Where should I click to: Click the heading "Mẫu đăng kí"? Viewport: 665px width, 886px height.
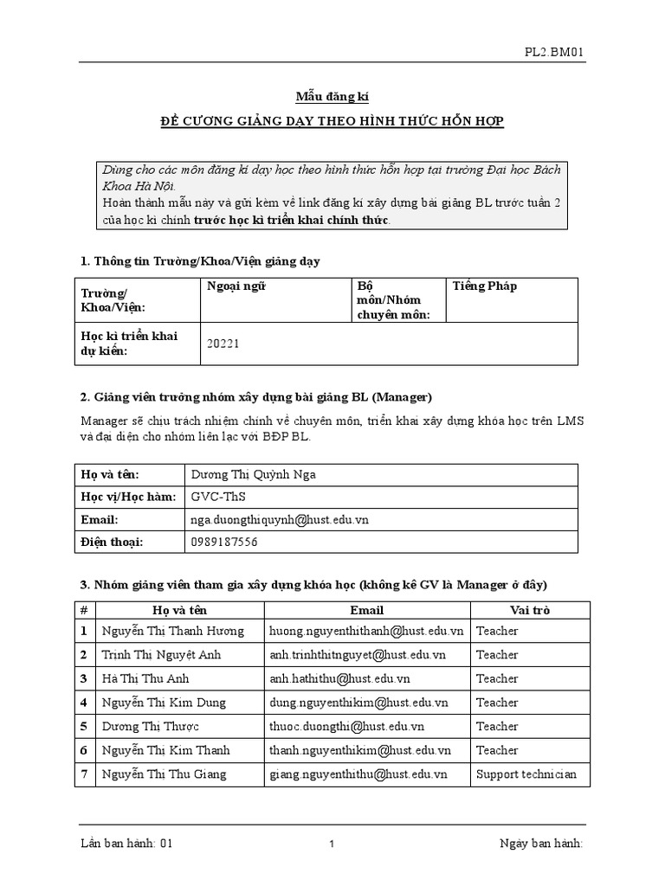point(332,97)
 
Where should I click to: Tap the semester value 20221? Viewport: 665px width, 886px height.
point(223,343)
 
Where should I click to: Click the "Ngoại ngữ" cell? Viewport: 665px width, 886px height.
point(232,286)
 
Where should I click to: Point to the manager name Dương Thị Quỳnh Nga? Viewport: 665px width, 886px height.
point(259,474)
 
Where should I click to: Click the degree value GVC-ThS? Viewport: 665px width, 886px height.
point(217,497)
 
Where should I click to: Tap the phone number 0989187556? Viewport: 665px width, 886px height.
point(223,543)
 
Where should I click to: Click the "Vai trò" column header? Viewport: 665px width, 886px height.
point(530,610)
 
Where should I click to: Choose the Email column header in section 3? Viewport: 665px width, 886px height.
point(366,610)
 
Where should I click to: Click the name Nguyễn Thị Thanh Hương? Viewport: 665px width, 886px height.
point(173,632)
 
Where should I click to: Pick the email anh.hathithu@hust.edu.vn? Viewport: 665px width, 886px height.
point(339,679)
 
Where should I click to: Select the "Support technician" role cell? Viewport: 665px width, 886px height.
point(526,774)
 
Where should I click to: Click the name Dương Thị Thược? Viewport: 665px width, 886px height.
point(151,727)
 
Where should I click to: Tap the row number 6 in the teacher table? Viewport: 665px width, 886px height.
point(84,750)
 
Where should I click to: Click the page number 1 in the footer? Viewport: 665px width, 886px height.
point(332,845)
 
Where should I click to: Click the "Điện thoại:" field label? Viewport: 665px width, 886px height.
point(112,543)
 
